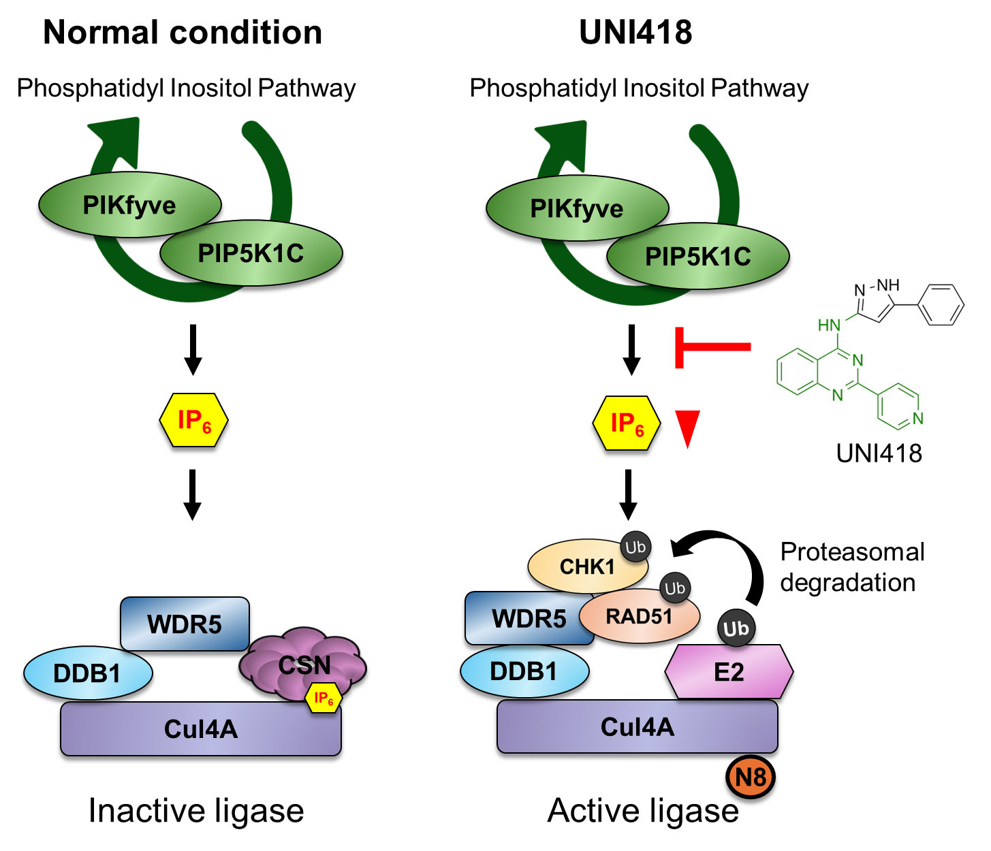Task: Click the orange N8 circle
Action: [x=751, y=777]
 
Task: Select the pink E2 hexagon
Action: [x=729, y=672]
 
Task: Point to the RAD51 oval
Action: [x=639, y=617]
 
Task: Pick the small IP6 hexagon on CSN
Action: [x=324, y=699]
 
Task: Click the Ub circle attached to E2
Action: [x=736, y=628]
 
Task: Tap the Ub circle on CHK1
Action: [x=635, y=547]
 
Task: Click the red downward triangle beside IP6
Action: [x=688, y=426]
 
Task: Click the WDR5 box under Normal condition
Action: [x=185, y=624]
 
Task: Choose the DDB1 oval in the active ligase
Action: [x=524, y=671]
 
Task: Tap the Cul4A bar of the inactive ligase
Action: [x=201, y=729]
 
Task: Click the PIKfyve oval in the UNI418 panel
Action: [x=577, y=209]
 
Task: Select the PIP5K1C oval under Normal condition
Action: [x=251, y=253]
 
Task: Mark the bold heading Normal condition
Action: [x=183, y=33]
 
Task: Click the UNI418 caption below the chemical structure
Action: [x=879, y=453]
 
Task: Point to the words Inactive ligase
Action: [x=196, y=811]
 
